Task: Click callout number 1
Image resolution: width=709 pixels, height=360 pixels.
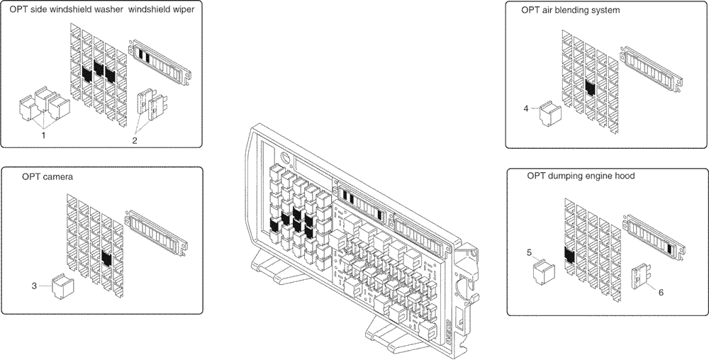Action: pos(43,134)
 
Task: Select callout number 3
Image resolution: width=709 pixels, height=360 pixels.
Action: pos(33,286)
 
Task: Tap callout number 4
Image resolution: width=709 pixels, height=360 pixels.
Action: pos(525,108)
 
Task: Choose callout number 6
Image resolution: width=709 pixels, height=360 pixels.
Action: pos(661,291)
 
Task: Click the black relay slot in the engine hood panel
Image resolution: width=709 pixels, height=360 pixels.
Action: pos(569,255)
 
